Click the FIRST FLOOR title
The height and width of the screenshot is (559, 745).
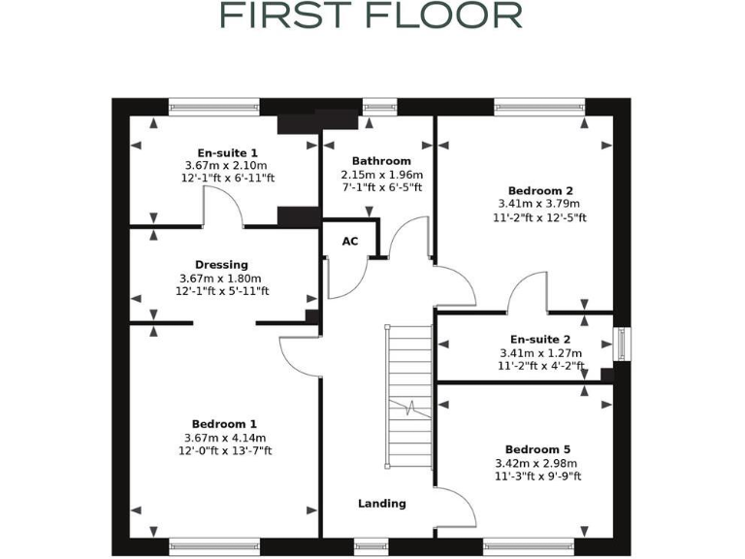coord(372,16)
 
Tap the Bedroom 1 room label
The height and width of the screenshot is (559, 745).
coord(224,424)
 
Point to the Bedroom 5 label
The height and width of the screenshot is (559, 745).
coord(537,449)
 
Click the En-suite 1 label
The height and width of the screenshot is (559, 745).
coord(227,153)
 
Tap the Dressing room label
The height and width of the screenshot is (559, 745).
coord(221,265)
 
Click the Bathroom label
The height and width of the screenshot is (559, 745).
coord(381,161)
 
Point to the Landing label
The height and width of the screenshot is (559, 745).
coord(381,504)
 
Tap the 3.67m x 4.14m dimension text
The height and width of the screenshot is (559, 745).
coord(224,438)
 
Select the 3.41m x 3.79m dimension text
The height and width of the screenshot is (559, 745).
coord(538,205)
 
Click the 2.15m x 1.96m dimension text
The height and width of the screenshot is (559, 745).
coord(381,175)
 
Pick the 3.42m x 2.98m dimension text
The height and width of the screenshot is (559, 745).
coord(538,463)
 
